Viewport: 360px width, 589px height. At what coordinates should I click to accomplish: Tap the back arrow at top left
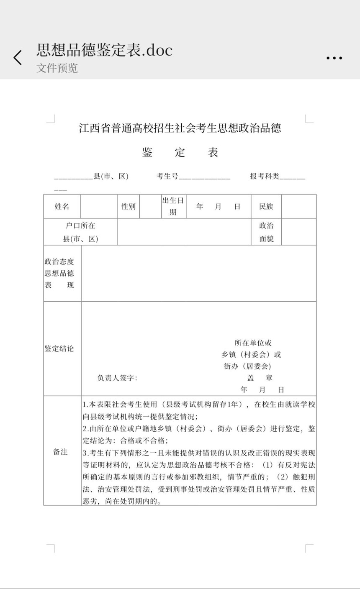[18, 58]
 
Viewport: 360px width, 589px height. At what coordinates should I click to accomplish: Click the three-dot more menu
[334, 58]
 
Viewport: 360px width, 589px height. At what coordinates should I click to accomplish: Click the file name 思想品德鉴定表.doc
[104, 50]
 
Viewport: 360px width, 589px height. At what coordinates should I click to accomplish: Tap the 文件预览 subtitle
[57, 68]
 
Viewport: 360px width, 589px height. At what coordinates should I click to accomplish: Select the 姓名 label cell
[62, 206]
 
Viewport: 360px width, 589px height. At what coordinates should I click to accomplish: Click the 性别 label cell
[129, 206]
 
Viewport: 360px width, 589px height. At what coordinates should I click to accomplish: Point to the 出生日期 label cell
[173, 206]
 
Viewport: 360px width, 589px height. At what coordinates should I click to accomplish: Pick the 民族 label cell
[266, 206]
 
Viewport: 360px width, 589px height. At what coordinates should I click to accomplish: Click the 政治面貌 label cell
[266, 232]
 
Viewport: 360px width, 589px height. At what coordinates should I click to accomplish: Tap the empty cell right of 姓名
[99, 206]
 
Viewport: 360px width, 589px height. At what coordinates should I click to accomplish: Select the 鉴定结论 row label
[59, 348]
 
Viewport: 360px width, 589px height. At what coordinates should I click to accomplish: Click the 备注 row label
[60, 452]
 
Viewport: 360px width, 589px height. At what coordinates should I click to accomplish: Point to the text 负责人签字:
[117, 378]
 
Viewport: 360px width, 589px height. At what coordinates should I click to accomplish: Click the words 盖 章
[260, 378]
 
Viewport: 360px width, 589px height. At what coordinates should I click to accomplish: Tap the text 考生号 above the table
[167, 176]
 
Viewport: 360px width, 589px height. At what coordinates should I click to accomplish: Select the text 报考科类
[265, 176]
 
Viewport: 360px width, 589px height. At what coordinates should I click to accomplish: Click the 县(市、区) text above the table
[111, 176]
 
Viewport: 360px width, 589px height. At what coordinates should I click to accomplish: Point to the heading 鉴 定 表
[180, 152]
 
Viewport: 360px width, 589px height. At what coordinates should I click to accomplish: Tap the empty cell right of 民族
[298, 206]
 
